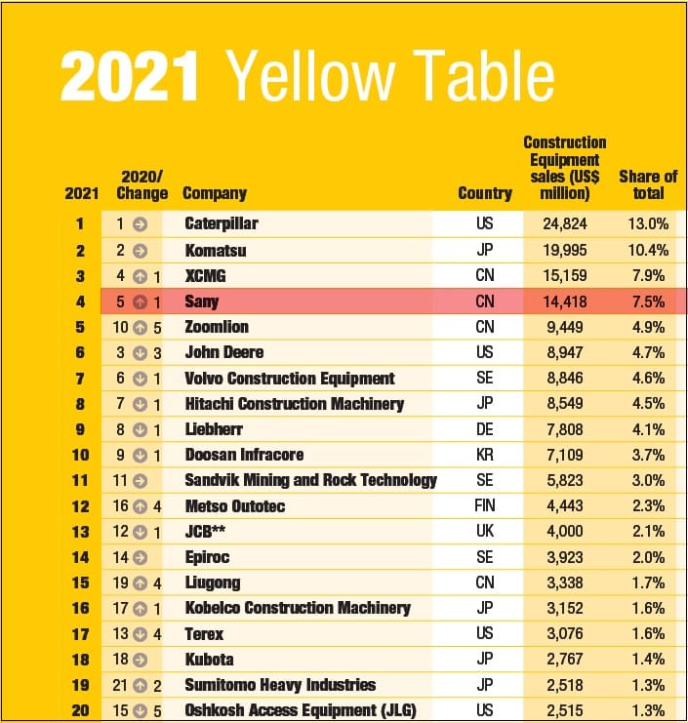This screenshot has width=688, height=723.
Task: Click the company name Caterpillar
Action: pyautogui.click(x=222, y=224)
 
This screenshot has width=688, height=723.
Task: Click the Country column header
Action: pyautogui.click(x=484, y=193)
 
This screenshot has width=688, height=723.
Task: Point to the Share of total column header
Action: pyautogui.click(x=648, y=184)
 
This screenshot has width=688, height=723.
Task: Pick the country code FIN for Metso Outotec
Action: pyautogui.click(x=485, y=505)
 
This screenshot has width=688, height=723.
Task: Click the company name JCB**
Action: pyautogui.click(x=208, y=531)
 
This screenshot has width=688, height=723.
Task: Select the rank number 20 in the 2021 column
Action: pyautogui.click(x=81, y=710)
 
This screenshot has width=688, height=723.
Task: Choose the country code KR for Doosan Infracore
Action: pyautogui.click(x=485, y=455)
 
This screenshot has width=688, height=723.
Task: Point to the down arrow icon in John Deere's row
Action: pyautogui.click(x=140, y=352)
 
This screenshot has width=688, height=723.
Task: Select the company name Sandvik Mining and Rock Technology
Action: pyautogui.click(x=310, y=480)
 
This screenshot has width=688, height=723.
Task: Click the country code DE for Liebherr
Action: pyautogui.click(x=485, y=429)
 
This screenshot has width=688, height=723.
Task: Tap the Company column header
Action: pyautogui.click(x=215, y=193)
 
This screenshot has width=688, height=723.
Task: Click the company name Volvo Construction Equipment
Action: pyautogui.click(x=290, y=379)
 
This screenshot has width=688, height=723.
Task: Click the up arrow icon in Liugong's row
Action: pyautogui.click(x=140, y=582)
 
